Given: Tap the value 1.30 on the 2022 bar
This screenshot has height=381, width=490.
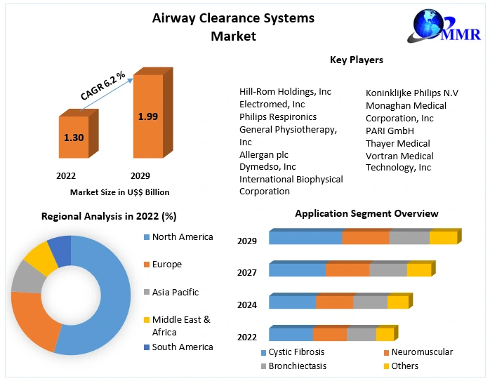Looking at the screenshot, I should pyautogui.click(x=74, y=138).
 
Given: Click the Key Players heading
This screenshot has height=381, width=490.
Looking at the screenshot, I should pyautogui.click(x=357, y=60).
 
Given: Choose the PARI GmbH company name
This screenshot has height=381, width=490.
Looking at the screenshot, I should pyautogui.click(x=390, y=131).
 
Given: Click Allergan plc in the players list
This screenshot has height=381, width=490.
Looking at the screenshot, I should pyautogui.click(x=264, y=154).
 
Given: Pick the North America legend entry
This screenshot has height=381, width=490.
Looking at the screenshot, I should pyautogui.click(x=182, y=237).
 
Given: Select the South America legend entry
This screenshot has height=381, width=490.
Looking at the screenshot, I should pyautogui.click(x=183, y=347).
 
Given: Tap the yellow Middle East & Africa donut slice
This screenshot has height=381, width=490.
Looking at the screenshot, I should pyautogui.click(x=41, y=257).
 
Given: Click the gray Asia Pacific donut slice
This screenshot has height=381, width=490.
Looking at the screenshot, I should pyautogui.click(x=27, y=276).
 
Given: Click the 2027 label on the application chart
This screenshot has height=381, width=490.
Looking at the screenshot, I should pyautogui.click(x=247, y=272).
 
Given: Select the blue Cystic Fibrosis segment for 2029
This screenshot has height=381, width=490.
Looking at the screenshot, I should pyautogui.click(x=305, y=238).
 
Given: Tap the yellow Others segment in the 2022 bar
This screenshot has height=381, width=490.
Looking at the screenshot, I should pyautogui.click(x=385, y=335).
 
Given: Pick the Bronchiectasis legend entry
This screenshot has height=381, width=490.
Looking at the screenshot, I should pyautogui.click(x=297, y=366).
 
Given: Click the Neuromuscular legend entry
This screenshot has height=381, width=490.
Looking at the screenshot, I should pyautogui.click(x=421, y=352).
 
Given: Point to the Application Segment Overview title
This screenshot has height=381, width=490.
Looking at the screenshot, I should pyautogui.click(x=366, y=213).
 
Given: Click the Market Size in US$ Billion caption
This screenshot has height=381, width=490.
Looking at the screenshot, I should pyautogui.click(x=120, y=192).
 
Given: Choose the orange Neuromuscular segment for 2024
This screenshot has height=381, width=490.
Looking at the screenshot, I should pyautogui.click(x=334, y=302).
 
